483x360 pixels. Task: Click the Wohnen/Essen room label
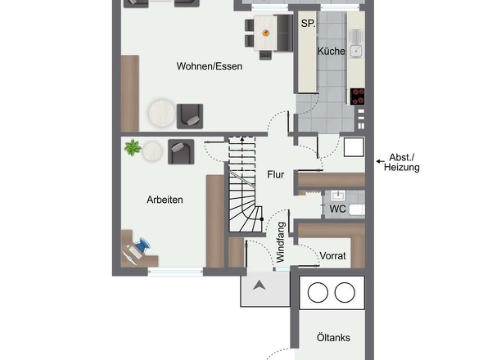(209, 66)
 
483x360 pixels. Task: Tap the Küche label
(331, 51)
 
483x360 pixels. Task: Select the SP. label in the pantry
(308, 24)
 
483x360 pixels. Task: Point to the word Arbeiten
(165, 200)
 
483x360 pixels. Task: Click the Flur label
(275, 174)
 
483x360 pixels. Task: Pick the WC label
(337, 209)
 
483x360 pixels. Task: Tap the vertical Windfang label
(281, 242)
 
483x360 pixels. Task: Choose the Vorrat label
(332, 256)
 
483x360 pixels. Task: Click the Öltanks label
(333, 338)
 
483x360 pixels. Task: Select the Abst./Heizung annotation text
(402, 162)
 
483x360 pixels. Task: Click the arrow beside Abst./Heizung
(380, 161)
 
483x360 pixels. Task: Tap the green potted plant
(133, 147)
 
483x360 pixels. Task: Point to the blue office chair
(142, 245)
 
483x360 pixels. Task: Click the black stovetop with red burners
(357, 97)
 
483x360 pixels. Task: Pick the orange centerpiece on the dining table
(265, 33)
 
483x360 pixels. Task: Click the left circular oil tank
(318, 292)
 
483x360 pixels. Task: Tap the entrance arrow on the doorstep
(260, 286)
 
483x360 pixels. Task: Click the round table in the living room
(162, 113)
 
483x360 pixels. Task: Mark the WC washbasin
(338, 195)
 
